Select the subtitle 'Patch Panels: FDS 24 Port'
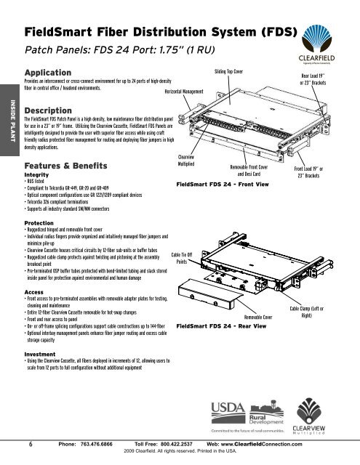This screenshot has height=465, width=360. coord(112,52)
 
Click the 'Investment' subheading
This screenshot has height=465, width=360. coord(41,356)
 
